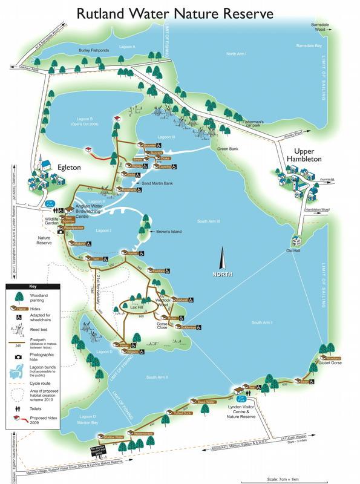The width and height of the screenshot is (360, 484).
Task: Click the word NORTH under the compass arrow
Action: tap(221, 273)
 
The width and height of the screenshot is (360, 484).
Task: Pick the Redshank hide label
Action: tap(129, 190)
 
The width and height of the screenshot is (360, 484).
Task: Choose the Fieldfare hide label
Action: tap(159, 270)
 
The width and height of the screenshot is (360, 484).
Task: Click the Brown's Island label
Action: tap(168, 232)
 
